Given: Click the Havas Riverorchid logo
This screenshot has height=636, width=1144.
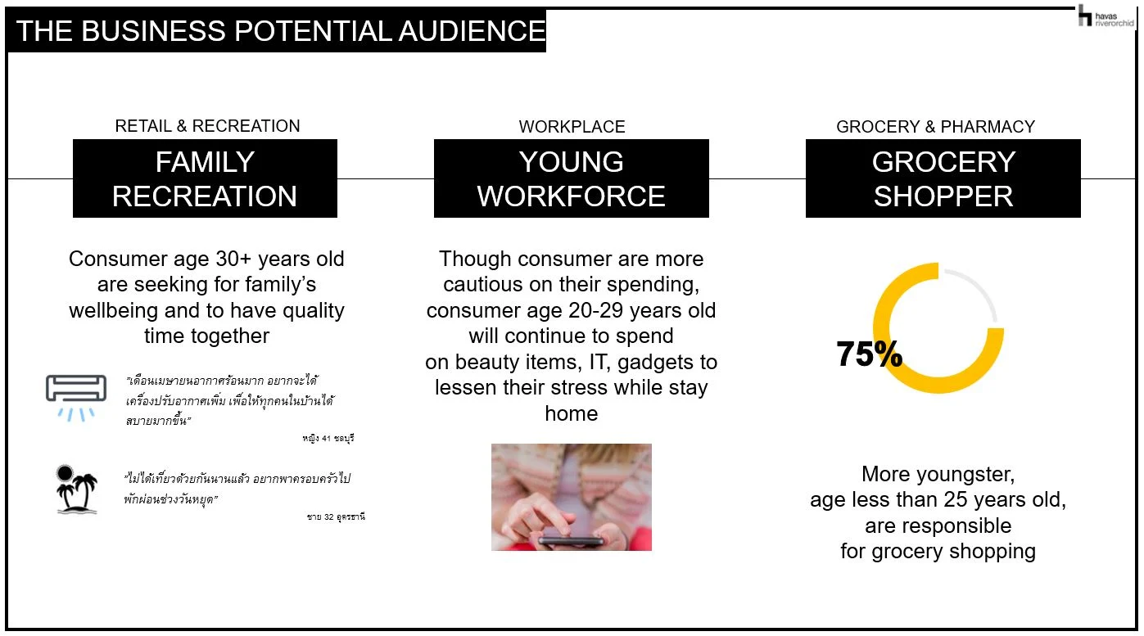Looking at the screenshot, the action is tap(1106, 16).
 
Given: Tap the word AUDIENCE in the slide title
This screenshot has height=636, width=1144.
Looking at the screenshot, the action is tap(472, 30).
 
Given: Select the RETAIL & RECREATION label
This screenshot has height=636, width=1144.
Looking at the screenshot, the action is tap(207, 126).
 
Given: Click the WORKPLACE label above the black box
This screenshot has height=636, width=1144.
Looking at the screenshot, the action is tap(572, 127).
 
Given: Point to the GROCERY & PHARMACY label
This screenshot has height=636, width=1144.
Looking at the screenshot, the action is tap(936, 127).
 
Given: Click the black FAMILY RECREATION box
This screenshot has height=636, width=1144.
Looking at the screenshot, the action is tap(205, 178).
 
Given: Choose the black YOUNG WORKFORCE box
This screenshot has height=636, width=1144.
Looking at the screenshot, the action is tap(572, 178).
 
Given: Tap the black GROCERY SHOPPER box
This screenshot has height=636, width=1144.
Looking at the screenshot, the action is tap(943, 178).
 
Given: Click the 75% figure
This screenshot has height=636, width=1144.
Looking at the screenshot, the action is tap(869, 354).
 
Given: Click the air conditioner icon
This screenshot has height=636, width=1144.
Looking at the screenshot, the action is tap(76, 398).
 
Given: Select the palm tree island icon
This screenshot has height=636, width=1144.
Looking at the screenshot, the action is tap(77, 489).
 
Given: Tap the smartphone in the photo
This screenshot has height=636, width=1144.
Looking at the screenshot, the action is tap(572, 540).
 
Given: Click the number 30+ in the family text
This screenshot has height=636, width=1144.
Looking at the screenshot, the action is tap(233, 259).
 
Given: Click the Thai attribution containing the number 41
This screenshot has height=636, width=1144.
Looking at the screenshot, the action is tap(328, 438).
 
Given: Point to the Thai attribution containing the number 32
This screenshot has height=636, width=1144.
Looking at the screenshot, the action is tap(336, 516).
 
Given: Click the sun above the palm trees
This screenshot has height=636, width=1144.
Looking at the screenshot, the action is tap(65, 473).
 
